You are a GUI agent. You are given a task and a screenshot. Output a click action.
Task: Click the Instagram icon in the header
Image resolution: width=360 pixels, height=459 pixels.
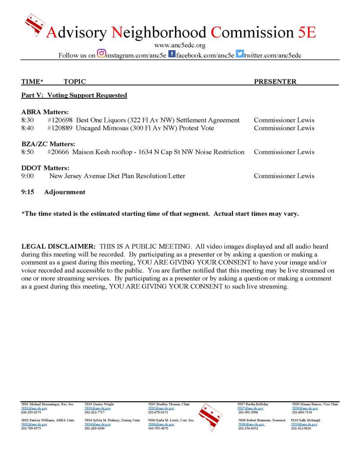[x=101, y=54]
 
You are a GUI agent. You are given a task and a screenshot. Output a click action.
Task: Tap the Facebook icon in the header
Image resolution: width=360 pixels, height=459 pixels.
[x=171, y=54]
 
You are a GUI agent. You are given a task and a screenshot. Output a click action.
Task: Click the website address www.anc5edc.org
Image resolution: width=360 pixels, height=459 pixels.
[x=180, y=45]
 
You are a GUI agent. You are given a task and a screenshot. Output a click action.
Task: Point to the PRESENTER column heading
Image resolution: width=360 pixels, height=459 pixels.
[x=275, y=82]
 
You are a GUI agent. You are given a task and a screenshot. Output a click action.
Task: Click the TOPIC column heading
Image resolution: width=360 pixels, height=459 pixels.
[x=75, y=82]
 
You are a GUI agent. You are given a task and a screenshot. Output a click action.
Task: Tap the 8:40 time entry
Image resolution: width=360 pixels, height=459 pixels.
[x=28, y=128]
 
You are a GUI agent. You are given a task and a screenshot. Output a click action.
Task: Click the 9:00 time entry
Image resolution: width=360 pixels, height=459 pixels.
[x=28, y=176]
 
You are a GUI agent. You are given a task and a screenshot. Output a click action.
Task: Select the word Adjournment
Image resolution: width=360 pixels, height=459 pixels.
[x=65, y=192]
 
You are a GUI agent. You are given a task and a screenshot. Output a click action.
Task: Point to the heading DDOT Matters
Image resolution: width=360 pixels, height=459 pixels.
[x=45, y=168]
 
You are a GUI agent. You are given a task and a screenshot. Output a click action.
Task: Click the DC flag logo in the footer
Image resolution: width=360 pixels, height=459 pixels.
[x=210, y=417]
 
